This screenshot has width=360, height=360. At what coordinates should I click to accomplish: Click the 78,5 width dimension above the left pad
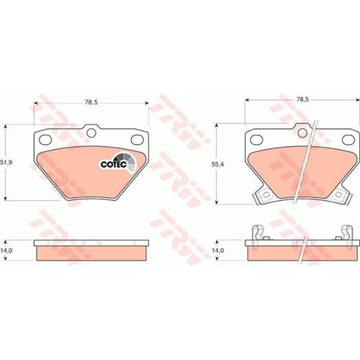pos(91,102)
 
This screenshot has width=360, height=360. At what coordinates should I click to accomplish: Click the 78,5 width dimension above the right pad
pos(302,99)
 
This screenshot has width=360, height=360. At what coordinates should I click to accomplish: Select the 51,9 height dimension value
pos(6,163)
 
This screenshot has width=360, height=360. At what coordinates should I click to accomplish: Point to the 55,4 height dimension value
pos(217,164)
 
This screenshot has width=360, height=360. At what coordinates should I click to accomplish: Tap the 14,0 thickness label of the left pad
pos(6,251)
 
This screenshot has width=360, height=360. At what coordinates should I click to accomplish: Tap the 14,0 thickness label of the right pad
pos(217,251)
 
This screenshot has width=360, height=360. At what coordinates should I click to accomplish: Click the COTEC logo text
pos(114,164)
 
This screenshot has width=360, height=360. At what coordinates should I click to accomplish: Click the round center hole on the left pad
pos(91,132)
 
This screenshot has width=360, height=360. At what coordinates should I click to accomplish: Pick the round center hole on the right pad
pos(302,132)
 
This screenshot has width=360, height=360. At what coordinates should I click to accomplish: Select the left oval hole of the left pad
pos(45,140)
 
